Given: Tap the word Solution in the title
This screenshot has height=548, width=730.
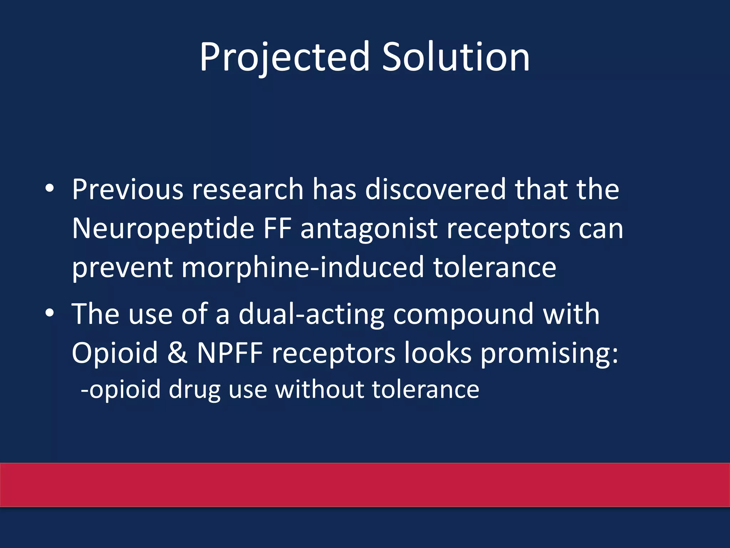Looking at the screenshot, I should pyautogui.click(x=456, y=57).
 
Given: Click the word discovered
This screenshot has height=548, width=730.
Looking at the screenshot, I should pyautogui.click(x=435, y=189).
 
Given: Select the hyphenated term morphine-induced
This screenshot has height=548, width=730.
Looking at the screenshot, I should pyautogui.click(x=303, y=268).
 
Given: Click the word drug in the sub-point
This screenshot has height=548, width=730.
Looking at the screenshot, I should pyautogui.click(x=195, y=390).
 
